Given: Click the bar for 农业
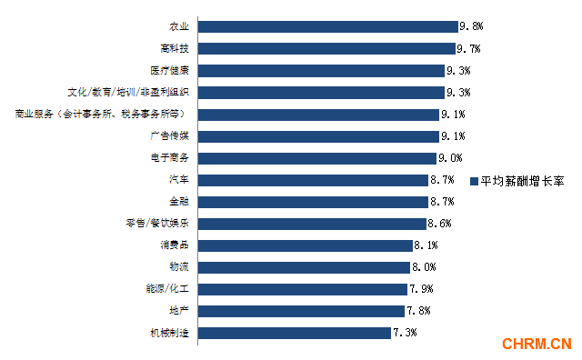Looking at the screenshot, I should click(327, 26).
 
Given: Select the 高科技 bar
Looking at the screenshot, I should click(326, 48).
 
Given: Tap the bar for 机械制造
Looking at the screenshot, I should click(294, 333).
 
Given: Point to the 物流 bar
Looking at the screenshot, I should click(303, 267).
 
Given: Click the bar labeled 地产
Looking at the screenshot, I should click(300, 311).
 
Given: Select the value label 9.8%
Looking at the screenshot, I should click(470, 26).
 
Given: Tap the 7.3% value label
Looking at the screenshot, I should click(405, 333).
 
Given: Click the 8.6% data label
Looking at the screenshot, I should click(439, 224).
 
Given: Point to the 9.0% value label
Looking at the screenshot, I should click(450, 157).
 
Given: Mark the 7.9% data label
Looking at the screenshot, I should click(420, 289).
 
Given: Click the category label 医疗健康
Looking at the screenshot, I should click(169, 70).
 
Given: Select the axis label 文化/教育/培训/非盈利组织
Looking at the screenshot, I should click(128, 92).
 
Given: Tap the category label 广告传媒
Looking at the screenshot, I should click(169, 135).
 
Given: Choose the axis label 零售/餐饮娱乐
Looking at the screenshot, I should click(156, 224).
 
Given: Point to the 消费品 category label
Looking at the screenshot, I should click(174, 245).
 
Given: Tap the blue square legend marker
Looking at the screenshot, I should click(475, 182).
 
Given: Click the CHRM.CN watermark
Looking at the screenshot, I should click(537, 344).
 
